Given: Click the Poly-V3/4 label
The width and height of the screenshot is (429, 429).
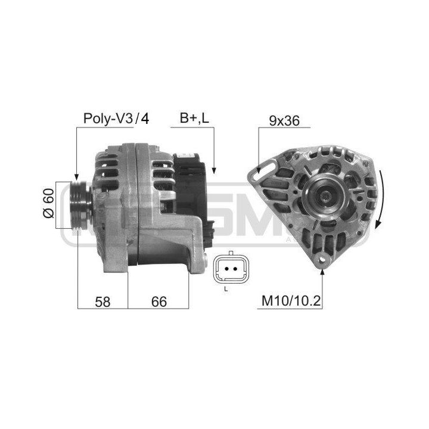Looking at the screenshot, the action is tap(116, 119).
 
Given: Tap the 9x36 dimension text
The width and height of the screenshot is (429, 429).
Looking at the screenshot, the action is tap(284, 120).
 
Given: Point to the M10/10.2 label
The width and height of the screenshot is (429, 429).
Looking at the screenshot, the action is tap(291, 301).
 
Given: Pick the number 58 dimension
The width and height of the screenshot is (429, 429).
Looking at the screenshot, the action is tap(102, 301).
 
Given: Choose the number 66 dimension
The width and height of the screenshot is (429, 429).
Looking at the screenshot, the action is tap(159, 301).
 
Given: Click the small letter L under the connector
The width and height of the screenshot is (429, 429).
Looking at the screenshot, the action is tap(226, 289).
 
